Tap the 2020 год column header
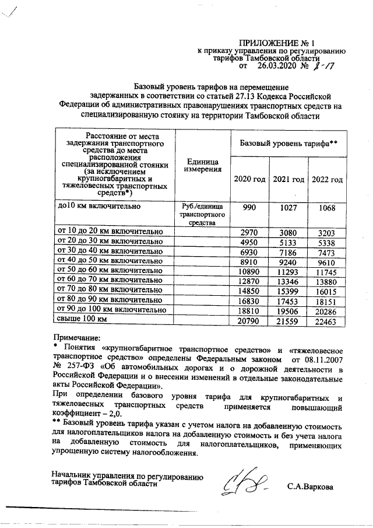(x=249, y=179)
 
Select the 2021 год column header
(x=288, y=179)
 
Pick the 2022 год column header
(x=327, y=179)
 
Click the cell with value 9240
(x=288, y=260)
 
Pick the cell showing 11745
(x=327, y=271)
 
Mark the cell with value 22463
(x=327, y=320)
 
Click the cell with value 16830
(x=249, y=300)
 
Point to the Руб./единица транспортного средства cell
(x=201, y=214)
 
